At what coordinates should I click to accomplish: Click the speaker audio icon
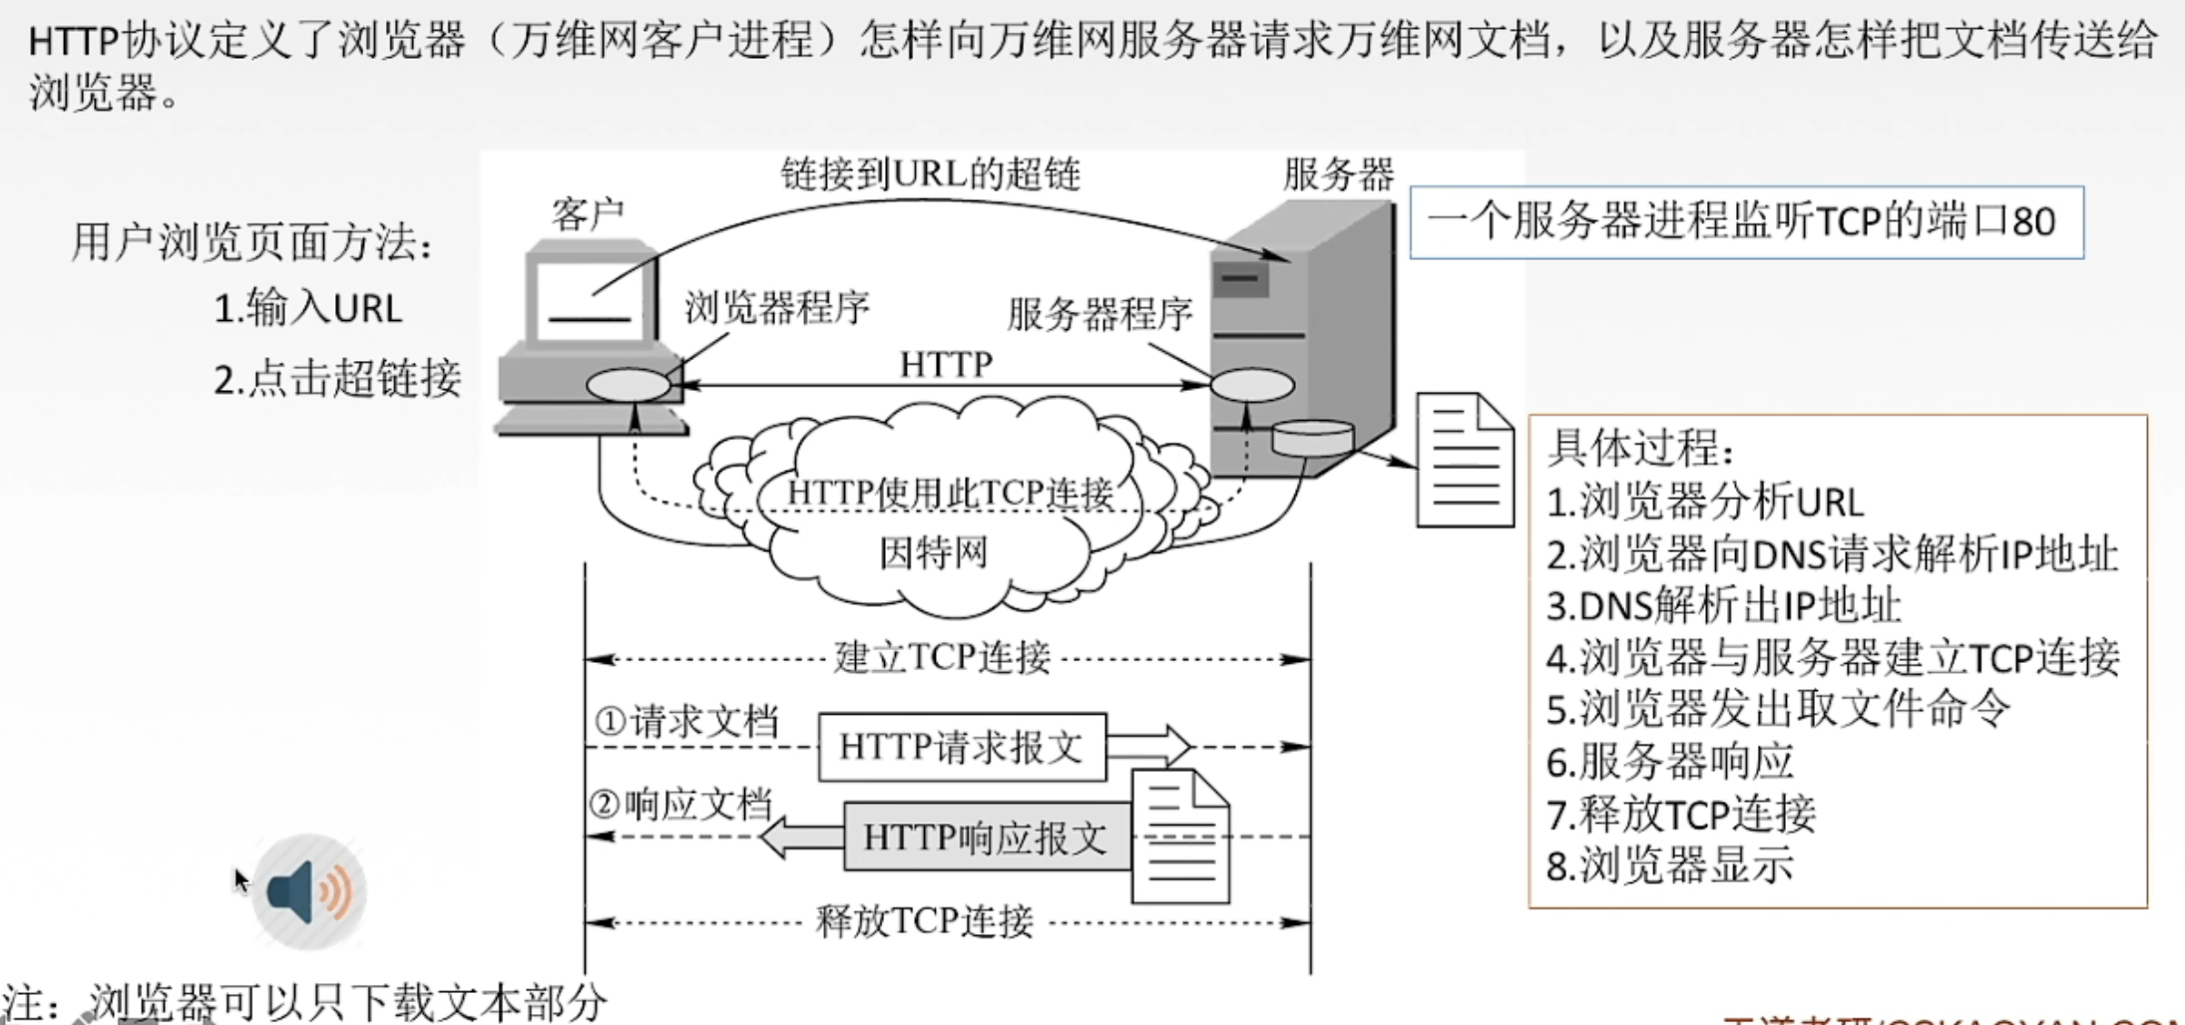pos(308,891)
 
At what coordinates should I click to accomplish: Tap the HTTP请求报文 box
pos(961,747)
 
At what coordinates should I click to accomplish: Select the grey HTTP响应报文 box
pos(986,838)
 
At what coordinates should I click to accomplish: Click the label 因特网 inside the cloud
pos(933,551)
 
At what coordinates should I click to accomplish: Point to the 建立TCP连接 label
pos(942,658)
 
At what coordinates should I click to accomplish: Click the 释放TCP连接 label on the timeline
pos(924,921)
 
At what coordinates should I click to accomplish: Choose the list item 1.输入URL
pos(308,308)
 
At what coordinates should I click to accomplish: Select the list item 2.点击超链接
pos(337,379)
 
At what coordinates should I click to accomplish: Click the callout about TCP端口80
pos(1745,222)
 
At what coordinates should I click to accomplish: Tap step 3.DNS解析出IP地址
pos(1723,605)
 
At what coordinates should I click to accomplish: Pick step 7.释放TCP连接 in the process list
pos(1680,814)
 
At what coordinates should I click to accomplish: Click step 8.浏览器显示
pos(1669,865)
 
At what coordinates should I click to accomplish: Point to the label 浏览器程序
pos(776,308)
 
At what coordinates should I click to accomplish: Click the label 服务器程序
pos(1099,314)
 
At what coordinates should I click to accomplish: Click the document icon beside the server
pos(1464,460)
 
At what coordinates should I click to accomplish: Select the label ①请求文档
pos(686,721)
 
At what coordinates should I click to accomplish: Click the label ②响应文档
pos(681,804)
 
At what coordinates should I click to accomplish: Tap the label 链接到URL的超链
pos(930,174)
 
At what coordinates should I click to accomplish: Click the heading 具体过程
pos(1640,449)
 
